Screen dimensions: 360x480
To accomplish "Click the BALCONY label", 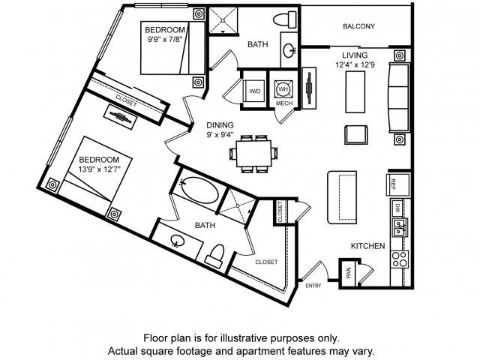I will pyautogui.click(x=358, y=26).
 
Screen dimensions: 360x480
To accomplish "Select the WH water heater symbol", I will pyautogui.click(x=283, y=87).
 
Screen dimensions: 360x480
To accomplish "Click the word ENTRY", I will pyautogui.click(x=313, y=284).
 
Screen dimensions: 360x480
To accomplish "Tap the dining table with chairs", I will pyautogui.click(x=252, y=153).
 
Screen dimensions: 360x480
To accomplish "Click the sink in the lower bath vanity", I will pyautogui.click(x=178, y=241).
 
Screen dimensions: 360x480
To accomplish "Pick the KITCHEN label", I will pyautogui.click(x=368, y=246).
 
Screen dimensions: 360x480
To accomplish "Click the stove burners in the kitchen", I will pyautogui.click(x=399, y=261).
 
